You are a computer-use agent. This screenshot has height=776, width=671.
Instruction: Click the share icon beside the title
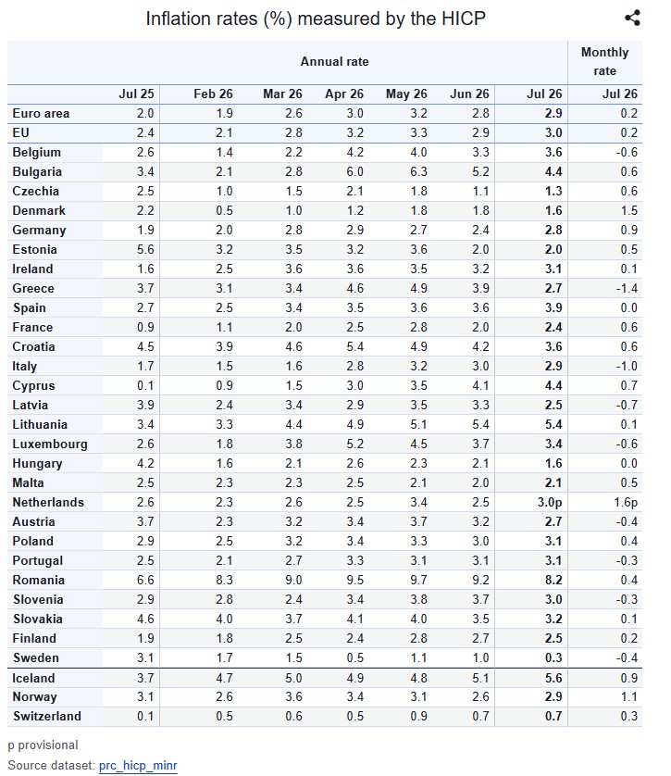[632, 18]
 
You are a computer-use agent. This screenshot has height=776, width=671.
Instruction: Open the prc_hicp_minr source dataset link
[138, 765]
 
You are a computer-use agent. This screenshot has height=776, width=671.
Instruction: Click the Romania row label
[39, 580]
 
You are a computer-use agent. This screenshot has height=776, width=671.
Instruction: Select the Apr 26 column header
[344, 94]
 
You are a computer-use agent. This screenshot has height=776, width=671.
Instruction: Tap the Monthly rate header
[604, 61]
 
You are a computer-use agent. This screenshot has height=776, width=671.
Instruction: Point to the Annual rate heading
[335, 61]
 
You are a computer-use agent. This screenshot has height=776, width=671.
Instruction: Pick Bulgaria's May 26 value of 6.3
[418, 171]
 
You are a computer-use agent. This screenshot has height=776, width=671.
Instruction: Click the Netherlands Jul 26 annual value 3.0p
[550, 502]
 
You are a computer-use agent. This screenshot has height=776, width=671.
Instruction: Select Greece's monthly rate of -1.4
[627, 288]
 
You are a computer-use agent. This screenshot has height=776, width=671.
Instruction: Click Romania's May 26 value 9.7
[418, 580]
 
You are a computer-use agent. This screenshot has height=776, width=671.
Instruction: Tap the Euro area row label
[41, 113]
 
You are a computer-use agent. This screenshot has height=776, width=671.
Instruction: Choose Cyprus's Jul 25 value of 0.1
[145, 385]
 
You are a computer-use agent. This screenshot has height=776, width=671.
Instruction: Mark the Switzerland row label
[47, 716]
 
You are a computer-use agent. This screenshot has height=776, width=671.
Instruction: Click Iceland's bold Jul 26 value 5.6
[553, 678]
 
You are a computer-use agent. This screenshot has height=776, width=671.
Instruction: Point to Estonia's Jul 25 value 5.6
[145, 249]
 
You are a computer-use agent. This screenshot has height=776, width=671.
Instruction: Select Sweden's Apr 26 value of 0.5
[355, 657]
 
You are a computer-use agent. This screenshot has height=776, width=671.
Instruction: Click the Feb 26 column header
[213, 94]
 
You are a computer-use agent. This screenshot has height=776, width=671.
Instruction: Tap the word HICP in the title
[464, 19]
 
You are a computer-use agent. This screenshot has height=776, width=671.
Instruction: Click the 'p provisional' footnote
[43, 745]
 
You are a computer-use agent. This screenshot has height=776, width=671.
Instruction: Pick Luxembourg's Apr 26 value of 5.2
[355, 444]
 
